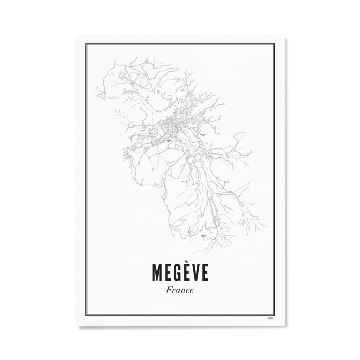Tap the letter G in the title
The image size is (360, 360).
177,273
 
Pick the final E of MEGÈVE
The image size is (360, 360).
205,273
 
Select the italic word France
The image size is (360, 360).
180,290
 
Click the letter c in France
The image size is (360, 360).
187,291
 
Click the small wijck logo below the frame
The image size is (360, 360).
270,319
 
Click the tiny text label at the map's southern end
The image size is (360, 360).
203,236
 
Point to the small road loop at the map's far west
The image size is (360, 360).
101,95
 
